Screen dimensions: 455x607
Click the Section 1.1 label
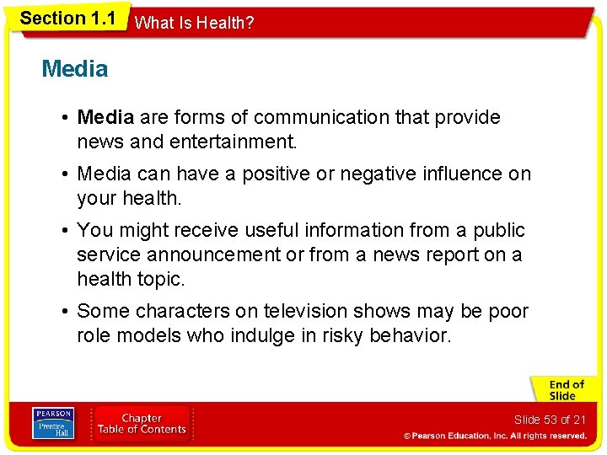tap(67, 19)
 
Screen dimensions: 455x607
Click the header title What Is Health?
tap(194, 23)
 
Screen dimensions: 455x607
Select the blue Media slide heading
tap(75, 69)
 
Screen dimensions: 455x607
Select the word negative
tap(392, 174)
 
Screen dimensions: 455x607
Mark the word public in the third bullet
tap(497, 231)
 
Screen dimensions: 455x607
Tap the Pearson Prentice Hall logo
tap(52, 424)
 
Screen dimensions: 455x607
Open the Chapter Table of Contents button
tap(142, 424)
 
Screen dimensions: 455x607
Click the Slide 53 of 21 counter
tap(549, 420)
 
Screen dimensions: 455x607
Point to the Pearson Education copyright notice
tap(496, 436)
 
